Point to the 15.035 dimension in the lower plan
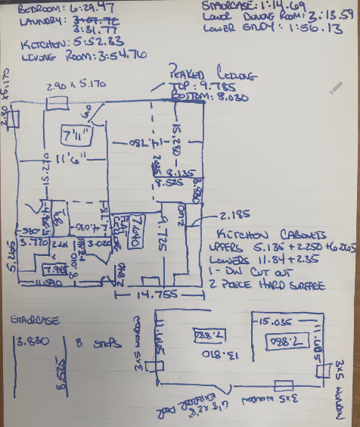277,321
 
